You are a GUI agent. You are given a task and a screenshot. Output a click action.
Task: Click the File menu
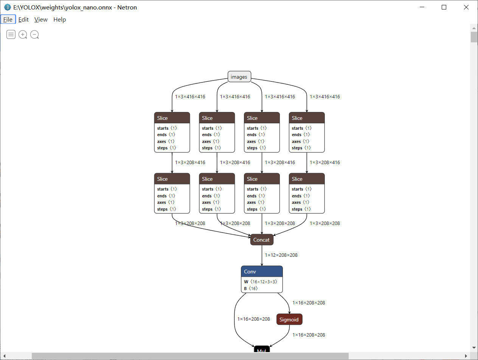point(8,20)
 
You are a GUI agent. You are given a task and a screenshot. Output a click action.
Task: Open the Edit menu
point(23,20)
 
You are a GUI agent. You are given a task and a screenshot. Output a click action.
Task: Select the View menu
point(41,20)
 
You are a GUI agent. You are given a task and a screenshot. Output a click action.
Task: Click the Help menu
point(59,20)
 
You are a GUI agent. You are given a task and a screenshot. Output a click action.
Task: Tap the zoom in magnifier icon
point(23,35)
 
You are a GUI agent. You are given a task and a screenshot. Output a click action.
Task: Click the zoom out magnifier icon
point(34,35)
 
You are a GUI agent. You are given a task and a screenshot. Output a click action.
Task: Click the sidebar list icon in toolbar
point(11,35)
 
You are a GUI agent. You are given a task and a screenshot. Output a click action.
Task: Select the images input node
point(239,77)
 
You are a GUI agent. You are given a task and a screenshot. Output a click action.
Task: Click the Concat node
point(261,240)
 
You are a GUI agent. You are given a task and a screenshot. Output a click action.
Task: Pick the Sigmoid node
point(289,320)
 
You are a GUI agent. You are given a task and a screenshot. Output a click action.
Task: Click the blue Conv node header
point(262,272)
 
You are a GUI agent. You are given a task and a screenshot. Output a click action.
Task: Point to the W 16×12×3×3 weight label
point(261,282)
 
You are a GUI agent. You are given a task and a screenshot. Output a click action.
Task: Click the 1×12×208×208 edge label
point(281,255)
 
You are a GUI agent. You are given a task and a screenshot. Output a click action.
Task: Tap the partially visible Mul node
point(262,350)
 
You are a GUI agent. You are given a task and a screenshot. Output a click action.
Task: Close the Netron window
point(466,7)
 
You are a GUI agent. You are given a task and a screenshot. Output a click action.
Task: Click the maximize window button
point(444,7)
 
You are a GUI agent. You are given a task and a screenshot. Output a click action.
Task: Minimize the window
point(422,7)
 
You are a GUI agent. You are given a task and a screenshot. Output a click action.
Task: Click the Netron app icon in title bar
point(7,7)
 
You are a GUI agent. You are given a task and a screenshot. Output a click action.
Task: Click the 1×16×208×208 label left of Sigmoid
point(254,319)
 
